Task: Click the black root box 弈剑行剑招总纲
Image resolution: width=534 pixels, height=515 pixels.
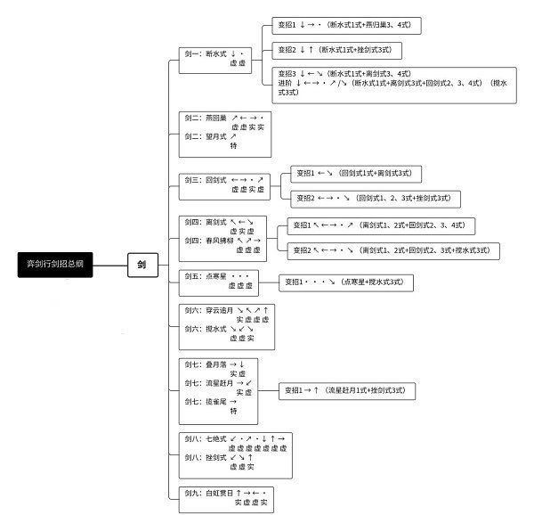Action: point(56,265)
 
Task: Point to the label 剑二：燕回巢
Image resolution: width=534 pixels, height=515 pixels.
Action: point(206,118)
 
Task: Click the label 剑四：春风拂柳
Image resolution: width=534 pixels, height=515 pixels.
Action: point(208,240)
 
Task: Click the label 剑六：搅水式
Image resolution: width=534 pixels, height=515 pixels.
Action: point(206,329)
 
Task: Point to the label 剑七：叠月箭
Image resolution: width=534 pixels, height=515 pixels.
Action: point(206,364)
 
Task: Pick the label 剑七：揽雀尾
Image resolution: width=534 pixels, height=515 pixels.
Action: point(206,402)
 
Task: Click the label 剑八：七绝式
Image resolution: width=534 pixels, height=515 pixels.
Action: point(206,439)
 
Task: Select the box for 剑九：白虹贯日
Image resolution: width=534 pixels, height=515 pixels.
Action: point(223,497)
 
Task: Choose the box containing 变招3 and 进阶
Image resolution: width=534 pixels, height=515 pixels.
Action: point(395,85)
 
